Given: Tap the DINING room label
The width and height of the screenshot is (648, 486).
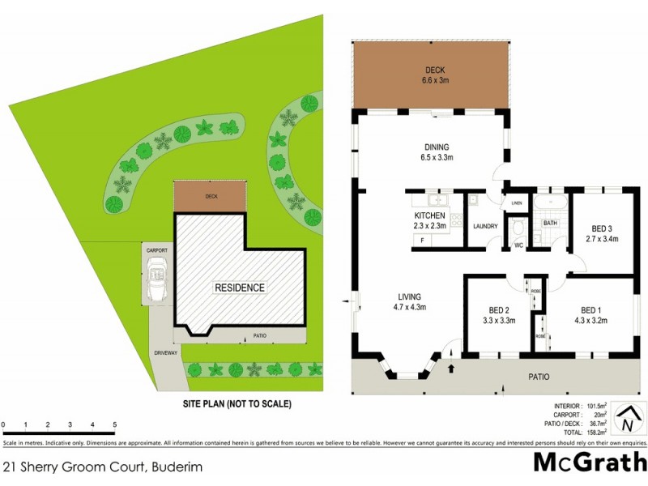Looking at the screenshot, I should [x=437, y=152].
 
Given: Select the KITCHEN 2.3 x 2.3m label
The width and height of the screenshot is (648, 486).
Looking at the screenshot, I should [x=430, y=221].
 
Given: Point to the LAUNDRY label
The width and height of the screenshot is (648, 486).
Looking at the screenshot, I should [x=485, y=226].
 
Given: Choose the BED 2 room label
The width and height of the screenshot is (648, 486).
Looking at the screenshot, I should [x=499, y=315].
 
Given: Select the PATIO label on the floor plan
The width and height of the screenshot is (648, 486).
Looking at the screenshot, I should [x=539, y=377].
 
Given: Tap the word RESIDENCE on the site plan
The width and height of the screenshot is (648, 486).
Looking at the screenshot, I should [x=239, y=288].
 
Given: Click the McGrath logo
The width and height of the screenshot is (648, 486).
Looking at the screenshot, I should [x=589, y=463].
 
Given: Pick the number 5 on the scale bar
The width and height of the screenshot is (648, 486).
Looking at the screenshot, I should [x=114, y=424].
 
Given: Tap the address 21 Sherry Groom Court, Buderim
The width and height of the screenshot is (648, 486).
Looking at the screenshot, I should [x=103, y=467].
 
